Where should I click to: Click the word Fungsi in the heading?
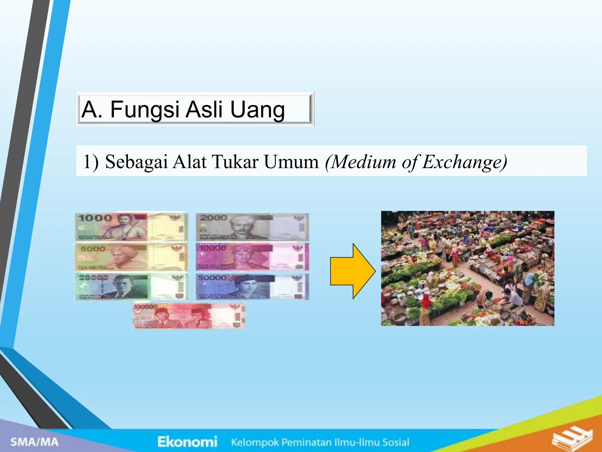pos(144,110)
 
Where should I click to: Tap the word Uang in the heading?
pos(257,110)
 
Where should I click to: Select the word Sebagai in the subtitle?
pos(136,162)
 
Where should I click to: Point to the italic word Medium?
pos(361,162)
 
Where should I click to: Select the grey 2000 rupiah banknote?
pos(252,227)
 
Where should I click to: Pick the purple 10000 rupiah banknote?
pos(252,257)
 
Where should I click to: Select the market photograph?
pos(467,268)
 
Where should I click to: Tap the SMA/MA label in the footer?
pos(34,442)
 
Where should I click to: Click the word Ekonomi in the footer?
pos(187,442)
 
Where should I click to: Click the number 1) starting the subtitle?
pos(91,162)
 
